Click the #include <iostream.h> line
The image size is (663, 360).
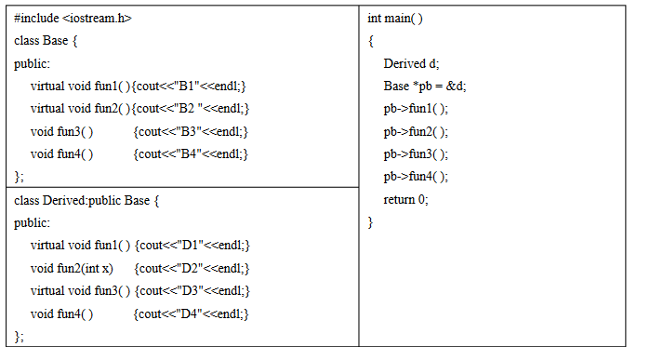click(x=73, y=19)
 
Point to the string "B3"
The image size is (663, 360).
click(x=190, y=131)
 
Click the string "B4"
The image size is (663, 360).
click(x=190, y=153)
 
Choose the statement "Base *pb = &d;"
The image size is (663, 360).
click(x=425, y=87)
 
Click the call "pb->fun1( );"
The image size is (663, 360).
click(x=416, y=109)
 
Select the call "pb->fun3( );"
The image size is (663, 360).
click(x=416, y=153)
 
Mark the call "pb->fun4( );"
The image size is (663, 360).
click(x=416, y=177)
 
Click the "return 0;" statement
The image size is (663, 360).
click(x=406, y=199)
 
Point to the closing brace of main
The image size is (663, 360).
click(x=370, y=222)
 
